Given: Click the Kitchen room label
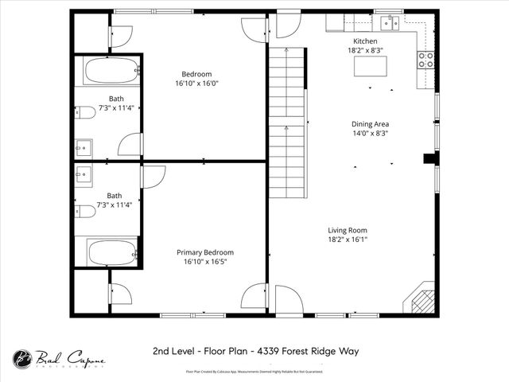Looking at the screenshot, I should (365, 41).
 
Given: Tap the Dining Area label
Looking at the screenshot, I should (370, 124).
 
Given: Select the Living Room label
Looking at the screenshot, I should (347, 229).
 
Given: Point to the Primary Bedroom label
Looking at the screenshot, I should (205, 252).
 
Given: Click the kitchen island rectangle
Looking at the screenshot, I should (371, 66).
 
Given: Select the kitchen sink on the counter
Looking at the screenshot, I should (389, 22).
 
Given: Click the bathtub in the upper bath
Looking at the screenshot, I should (112, 71).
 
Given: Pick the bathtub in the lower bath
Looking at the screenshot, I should (112, 252).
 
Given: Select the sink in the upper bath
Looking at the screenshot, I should (84, 147).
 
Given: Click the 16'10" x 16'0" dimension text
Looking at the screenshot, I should (196, 83).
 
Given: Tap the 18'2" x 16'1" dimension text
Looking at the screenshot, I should (347, 239).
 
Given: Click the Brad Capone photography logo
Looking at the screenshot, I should (58, 360).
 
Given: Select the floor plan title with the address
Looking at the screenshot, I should (254, 350).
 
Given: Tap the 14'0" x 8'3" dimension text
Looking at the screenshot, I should (370, 134).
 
